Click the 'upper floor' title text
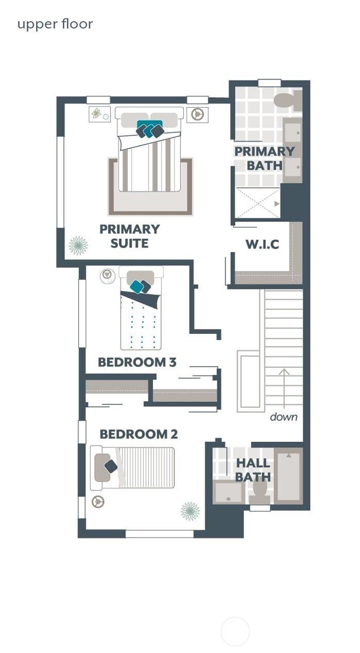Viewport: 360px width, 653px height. coord(55,24)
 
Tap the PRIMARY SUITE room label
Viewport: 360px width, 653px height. coord(129,236)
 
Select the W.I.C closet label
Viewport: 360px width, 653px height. coord(262,244)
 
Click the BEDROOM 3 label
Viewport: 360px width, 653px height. coord(137,362)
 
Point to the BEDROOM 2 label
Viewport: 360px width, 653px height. coord(139,434)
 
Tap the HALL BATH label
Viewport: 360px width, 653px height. coord(253,470)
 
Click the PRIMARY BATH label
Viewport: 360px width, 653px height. coord(264,158)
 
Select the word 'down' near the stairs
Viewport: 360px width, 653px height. coord(283,417)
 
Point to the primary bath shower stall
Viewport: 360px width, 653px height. coord(258,203)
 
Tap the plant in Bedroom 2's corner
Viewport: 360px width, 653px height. coord(190,511)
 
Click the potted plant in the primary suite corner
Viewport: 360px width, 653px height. coord(78,245)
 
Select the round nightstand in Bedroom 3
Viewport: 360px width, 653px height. coord(107,276)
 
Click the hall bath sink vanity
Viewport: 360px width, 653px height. coord(228,492)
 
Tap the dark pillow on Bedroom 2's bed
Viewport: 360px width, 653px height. coord(111,466)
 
